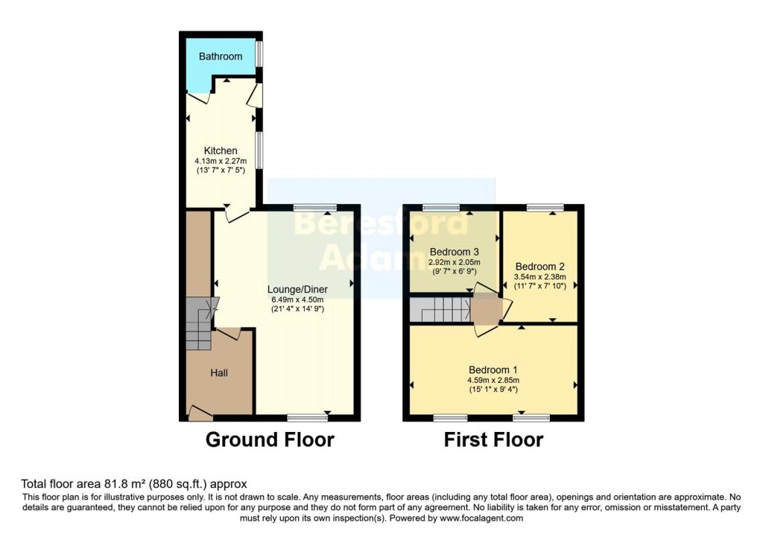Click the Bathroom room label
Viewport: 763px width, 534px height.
pyautogui.click(x=221, y=57)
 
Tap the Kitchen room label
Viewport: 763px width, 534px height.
pyautogui.click(x=221, y=151)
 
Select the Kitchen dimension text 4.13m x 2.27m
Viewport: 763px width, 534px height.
pyautogui.click(x=221, y=162)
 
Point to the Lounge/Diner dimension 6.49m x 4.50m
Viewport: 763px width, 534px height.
pyautogui.click(x=298, y=299)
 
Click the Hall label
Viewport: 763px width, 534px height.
pyautogui.click(x=219, y=372)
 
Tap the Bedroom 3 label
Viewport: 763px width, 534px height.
pyautogui.click(x=454, y=252)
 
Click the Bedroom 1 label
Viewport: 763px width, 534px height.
pyautogui.click(x=493, y=369)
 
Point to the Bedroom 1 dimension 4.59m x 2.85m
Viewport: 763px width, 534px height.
pyautogui.click(x=493, y=380)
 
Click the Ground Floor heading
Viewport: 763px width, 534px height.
pyautogui.click(x=270, y=439)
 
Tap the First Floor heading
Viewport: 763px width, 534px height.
pyautogui.click(x=493, y=439)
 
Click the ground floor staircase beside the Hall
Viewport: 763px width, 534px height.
pyautogui.click(x=198, y=324)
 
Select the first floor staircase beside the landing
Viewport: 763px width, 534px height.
pyautogui.click(x=440, y=311)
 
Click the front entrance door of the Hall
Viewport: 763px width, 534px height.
pyautogui.click(x=199, y=413)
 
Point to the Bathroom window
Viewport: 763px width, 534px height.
pyautogui.click(x=259, y=54)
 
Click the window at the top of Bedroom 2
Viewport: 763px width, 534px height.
pyautogui.click(x=545, y=207)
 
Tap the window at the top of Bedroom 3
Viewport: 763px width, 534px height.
pyautogui.click(x=441, y=207)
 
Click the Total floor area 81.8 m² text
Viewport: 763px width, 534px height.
pyautogui.click(x=133, y=483)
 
